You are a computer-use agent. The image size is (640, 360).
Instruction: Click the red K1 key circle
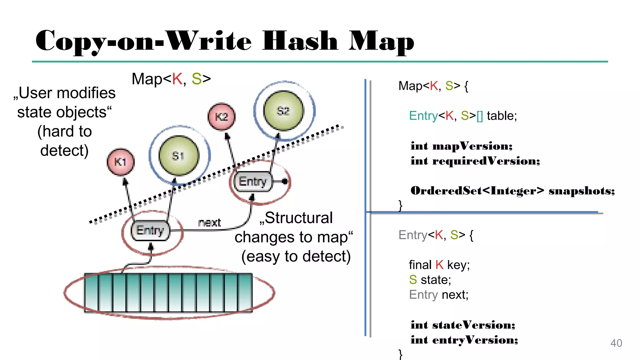click(x=121, y=162)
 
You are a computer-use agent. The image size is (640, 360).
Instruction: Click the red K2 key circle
click(x=222, y=117)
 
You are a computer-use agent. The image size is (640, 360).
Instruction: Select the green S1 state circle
click(x=179, y=156)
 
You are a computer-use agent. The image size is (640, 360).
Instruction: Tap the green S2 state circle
click(x=283, y=111)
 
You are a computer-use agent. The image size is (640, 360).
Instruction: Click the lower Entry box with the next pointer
click(x=150, y=231)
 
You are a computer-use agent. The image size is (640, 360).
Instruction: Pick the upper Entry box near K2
click(x=253, y=182)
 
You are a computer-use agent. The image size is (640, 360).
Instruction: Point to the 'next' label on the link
click(x=209, y=222)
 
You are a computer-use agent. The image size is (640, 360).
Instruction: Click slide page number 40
click(x=616, y=343)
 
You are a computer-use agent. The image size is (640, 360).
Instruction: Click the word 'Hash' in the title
click(x=300, y=41)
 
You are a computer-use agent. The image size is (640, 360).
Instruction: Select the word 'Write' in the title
click(x=208, y=41)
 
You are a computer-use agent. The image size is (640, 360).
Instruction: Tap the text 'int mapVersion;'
click(x=462, y=146)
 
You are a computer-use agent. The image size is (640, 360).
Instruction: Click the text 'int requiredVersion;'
click(x=475, y=161)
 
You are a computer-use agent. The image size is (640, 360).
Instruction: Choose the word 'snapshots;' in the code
click(x=582, y=191)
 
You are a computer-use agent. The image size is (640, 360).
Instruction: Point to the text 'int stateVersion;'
click(x=463, y=325)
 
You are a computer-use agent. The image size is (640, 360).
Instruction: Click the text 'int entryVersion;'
click(x=464, y=340)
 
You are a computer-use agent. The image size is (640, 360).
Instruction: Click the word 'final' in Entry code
click(x=420, y=265)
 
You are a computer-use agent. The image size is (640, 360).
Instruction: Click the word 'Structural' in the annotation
click(x=298, y=218)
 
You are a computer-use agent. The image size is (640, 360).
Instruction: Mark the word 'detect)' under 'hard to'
click(x=64, y=151)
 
